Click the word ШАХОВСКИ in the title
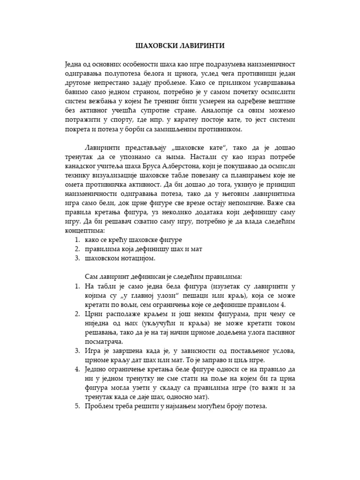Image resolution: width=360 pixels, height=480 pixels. click(153, 45)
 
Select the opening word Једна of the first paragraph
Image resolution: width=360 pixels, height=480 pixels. click(74, 64)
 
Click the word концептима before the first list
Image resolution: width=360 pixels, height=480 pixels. click(84, 231)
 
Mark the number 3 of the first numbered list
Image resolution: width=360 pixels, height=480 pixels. click(77, 258)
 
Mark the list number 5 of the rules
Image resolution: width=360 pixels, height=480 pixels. click(77, 406)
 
